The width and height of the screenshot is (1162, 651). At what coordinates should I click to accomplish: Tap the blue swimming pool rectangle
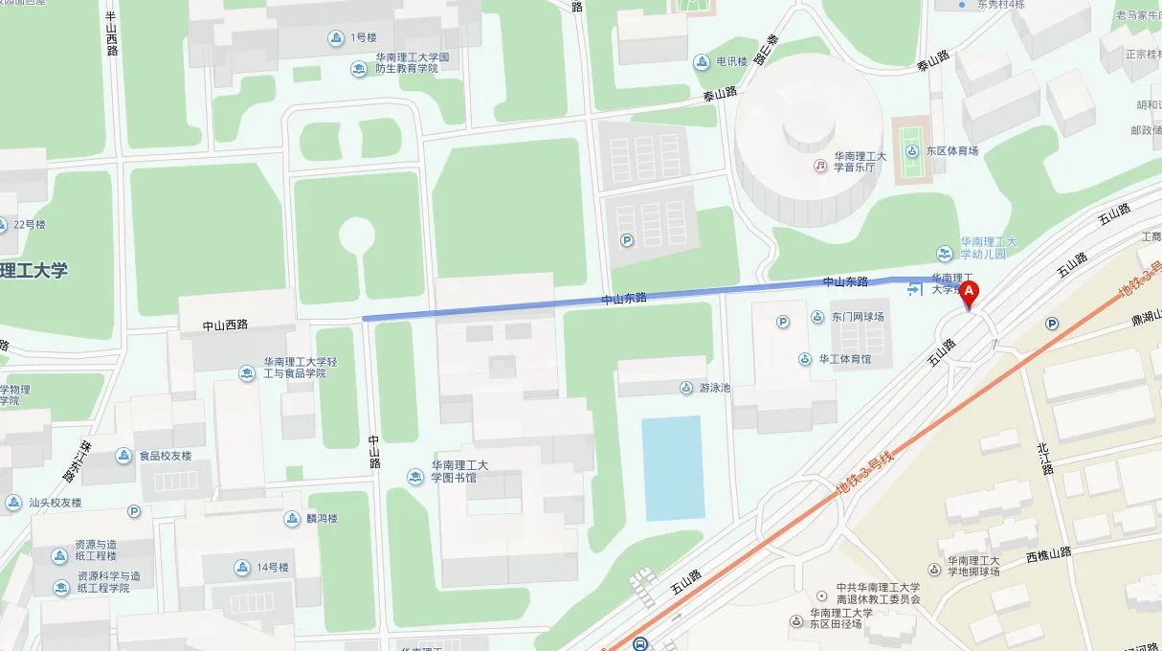672,467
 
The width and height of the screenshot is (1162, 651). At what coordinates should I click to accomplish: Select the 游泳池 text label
714,388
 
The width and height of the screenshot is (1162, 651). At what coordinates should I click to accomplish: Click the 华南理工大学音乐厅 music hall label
860,161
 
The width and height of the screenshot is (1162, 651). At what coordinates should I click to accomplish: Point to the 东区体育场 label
951,150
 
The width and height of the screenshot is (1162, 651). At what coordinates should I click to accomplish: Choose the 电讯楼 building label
732,62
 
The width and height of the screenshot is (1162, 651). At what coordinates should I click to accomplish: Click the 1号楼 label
363,37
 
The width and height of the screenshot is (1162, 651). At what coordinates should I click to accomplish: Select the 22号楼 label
29,225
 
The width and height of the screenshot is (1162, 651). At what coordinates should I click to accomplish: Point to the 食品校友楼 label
165,456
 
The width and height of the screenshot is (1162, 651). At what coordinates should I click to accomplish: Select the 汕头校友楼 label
55,503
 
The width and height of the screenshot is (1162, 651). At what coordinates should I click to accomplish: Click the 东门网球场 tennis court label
858,317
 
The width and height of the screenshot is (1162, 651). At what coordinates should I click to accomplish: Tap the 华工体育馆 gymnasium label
844,359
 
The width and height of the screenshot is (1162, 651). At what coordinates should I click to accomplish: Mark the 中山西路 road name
225,325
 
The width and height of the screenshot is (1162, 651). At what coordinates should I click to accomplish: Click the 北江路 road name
1044,460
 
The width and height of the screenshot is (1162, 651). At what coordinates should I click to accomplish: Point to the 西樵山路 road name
1049,554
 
